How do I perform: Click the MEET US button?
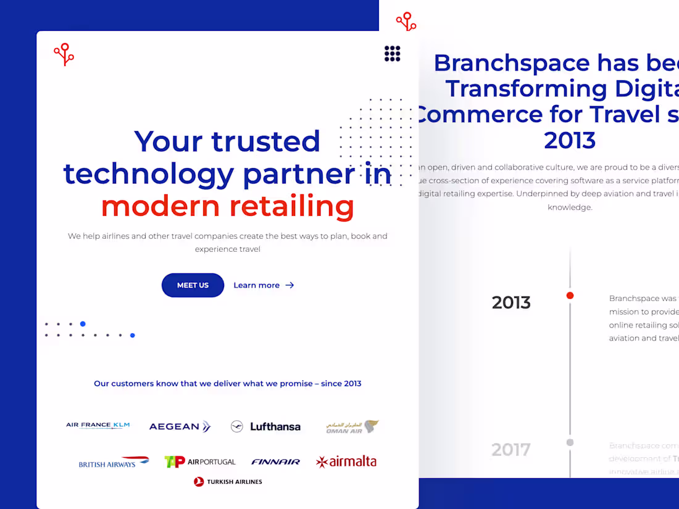[x=193, y=285]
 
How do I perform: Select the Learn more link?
[x=264, y=285]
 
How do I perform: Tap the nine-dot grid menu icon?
[x=393, y=54]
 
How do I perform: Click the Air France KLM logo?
[x=98, y=425]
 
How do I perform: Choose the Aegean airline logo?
[x=180, y=426]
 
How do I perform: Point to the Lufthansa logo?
[x=265, y=426]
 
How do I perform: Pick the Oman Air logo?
[x=352, y=427]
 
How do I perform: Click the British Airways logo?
[x=114, y=462]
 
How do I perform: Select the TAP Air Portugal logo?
[x=200, y=461]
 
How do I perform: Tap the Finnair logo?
[x=275, y=461]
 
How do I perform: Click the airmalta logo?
[x=346, y=461]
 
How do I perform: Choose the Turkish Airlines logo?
[x=228, y=482]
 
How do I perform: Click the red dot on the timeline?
[x=570, y=296]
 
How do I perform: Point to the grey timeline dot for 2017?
[x=570, y=442]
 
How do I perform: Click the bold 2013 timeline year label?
[x=511, y=302]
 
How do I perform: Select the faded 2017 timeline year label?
[x=511, y=450]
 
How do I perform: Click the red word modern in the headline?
[x=160, y=206]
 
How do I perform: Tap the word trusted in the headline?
[x=265, y=141]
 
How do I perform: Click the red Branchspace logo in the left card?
[x=64, y=54]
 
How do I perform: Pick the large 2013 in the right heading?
[x=570, y=140]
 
